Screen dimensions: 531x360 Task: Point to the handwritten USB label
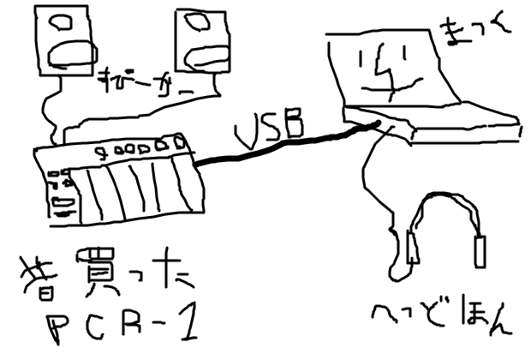pyautogui.click(x=269, y=125)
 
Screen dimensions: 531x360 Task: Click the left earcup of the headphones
pyautogui.click(x=415, y=248)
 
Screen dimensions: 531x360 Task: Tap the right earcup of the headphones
pyautogui.click(x=480, y=251)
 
